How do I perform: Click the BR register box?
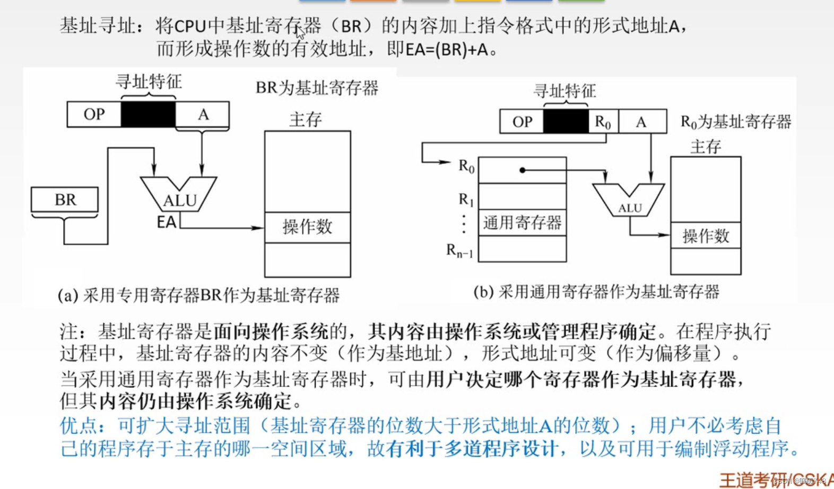click(65, 200)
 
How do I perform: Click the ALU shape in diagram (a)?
click(179, 195)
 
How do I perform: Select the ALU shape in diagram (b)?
click(629, 201)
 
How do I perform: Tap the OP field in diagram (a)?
click(94, 114)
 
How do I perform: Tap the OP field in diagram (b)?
click(522, 122)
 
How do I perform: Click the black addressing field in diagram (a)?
click(148, 114)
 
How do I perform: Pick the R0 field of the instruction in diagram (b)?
click(603, 122)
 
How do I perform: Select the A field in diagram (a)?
click(203, 114)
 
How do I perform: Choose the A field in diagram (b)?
click(641, 122)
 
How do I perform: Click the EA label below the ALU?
click(166, 222)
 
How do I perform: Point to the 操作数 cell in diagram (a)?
click(307, 227)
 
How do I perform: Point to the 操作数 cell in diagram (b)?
click(706, 235)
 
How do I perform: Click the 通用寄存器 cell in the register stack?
click(522, 222)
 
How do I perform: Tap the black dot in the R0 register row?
click(523, 170)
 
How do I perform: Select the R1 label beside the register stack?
click(466, 200)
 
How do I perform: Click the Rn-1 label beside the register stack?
click(459, 250)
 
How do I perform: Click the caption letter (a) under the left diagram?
click(68, 295)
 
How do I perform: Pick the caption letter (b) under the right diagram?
click(483, 291)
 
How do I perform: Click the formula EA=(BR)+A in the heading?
click(446, 49)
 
